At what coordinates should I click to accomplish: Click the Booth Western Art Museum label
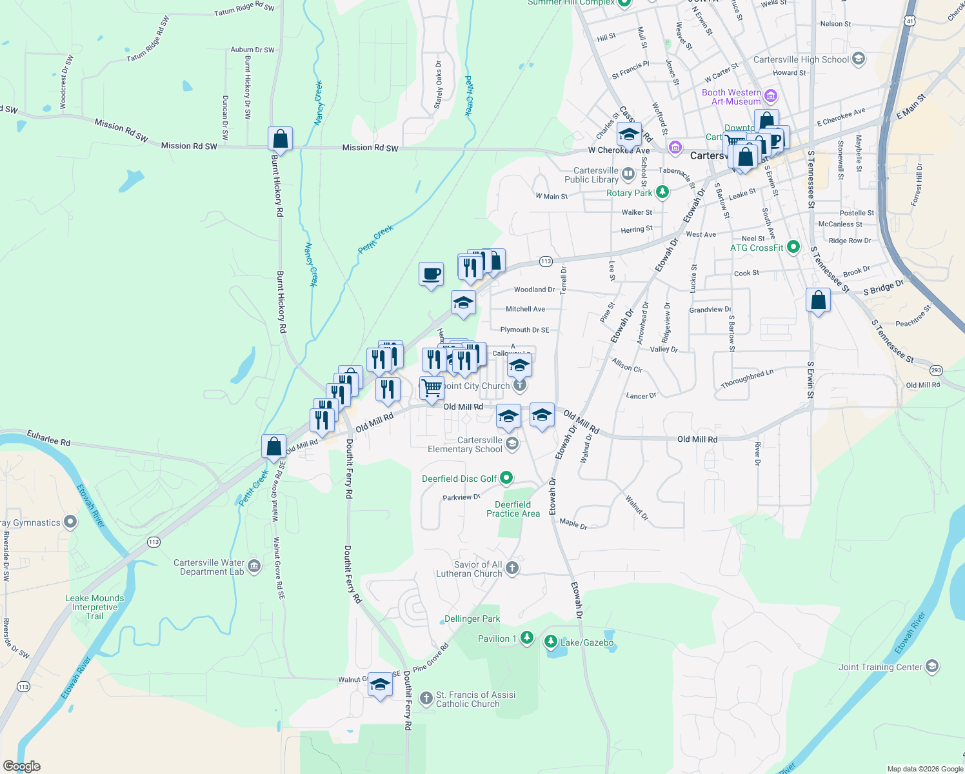coord(731,97)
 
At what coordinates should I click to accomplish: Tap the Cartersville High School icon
coord(858,59)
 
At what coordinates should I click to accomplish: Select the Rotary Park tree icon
coord(662,192)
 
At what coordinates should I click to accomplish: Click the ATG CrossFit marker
coord(793,247)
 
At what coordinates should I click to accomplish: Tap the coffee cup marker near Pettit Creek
coord(431,275)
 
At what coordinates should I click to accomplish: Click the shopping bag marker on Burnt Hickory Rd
coord(280,139)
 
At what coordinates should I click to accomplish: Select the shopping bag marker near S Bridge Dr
coord(818,301)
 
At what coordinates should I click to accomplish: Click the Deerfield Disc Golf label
coord(459,479)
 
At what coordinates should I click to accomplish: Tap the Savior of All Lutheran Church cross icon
coord(512,568)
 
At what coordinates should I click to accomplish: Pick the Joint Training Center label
coord(880,667)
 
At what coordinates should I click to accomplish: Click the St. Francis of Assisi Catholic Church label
coord(475,699)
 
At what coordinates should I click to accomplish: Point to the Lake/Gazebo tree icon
coord(550,641)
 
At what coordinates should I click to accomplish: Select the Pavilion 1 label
coord(497,639)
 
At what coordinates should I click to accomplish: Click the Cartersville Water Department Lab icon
coord(254,566)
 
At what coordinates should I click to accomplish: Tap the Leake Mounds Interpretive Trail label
coord(95,607)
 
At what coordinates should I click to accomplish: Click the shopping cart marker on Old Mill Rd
coord(432,388)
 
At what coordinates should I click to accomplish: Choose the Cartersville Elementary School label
coord(465,444)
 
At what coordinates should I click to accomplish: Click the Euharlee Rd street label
coord(48,438)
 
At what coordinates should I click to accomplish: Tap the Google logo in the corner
coord(21,766)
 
